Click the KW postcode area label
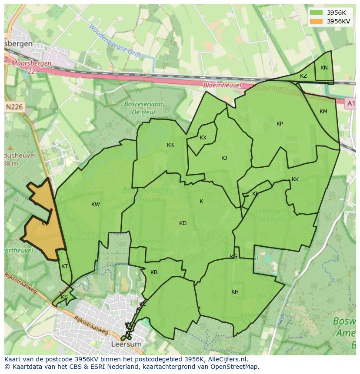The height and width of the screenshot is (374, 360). click(x=96, y=205)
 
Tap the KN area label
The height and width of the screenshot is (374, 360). click(x=324, y=68)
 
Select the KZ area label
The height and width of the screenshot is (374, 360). click(x=303, y=76)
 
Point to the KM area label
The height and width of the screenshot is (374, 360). click(x=323, y=112)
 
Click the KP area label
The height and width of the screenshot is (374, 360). click(x=280, y=124)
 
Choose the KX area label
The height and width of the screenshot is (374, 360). click(x=203, y=138)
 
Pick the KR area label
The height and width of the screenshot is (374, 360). click(x=170, y=145)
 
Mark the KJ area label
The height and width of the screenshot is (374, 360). click(x=224, y=158)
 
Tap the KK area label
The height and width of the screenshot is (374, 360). click(x=295, y=179)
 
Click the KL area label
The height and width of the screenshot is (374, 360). click(x=255, y=194)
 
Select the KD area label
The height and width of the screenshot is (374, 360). click(x=183, y=223)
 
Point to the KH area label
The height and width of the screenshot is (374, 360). click(x=235, y=292)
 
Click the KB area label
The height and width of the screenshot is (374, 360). click(x=154, y=272)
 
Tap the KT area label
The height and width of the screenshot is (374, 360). click(x=65, y=266)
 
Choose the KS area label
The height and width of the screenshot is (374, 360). click(x=64, y=297)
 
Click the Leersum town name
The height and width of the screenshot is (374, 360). click(x=127, y=344)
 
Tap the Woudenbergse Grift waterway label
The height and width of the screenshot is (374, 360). click(x=116, y=42)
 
